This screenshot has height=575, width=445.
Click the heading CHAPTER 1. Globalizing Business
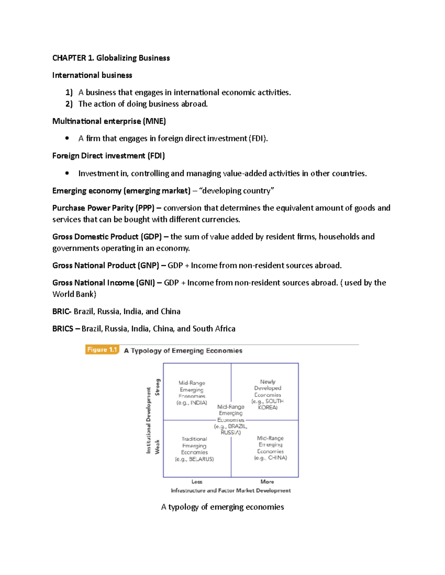[x=111, y=58]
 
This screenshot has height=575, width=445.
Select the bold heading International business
[x=92, y=75]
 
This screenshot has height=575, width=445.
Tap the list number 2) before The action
[x=69, y=104]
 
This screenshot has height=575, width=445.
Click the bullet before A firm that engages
[x=67, y=138]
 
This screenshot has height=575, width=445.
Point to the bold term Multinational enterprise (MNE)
[x=109, y=121]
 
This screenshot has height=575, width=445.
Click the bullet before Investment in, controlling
[x=67, y=173]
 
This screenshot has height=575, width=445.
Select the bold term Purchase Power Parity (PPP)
[x=103, y=208]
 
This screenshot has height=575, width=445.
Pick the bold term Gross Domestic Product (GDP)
[x=107, y=237]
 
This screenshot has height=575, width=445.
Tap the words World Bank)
[x=74, y=294]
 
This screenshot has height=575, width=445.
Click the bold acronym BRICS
[x=63, y=329]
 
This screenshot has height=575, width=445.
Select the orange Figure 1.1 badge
[x=102, y=350]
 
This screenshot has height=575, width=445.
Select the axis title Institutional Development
[x=149, y=420]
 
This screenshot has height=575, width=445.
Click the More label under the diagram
[x=267, y=482]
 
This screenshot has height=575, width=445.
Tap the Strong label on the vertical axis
[x=158, y=387]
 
